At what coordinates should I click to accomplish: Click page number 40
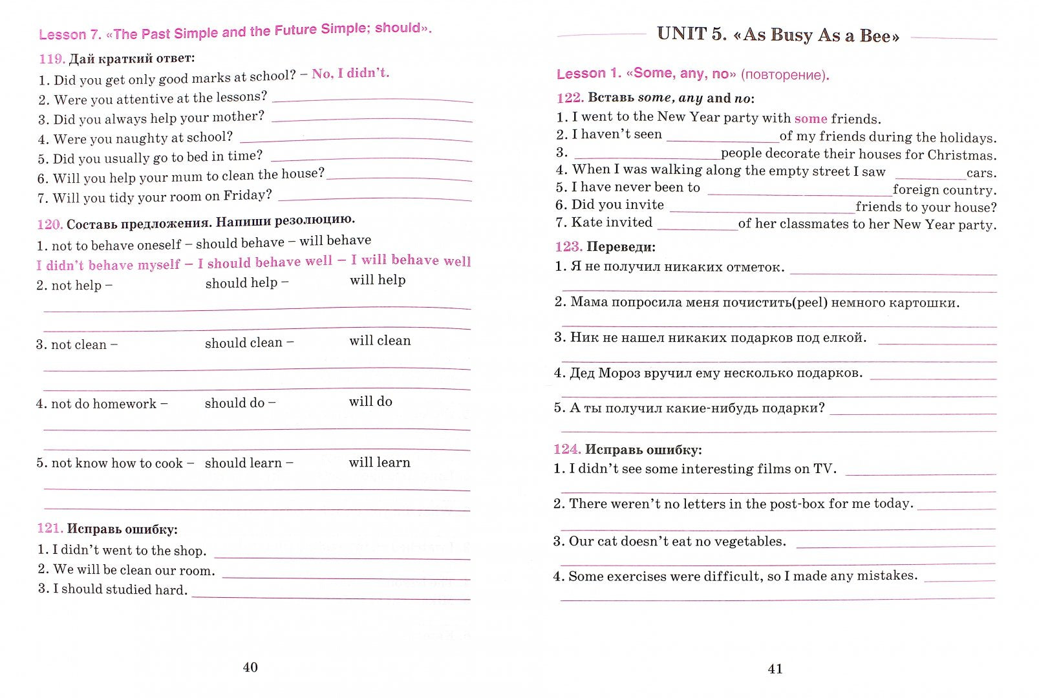click(250, 668)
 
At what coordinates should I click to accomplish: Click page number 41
click(775, 669)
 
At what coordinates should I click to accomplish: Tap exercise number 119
click(51, 59)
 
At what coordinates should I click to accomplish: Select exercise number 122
click(569, 98)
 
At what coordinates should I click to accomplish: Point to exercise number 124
click(566, 449)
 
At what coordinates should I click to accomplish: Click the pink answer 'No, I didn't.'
click(350, 73)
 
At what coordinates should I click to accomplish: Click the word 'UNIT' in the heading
click(682, 34)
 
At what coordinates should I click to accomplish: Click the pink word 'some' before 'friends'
click(811, 118)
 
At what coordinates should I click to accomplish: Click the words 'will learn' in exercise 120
click(380, 462)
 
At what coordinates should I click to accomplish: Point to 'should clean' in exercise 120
click(244, 343)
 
